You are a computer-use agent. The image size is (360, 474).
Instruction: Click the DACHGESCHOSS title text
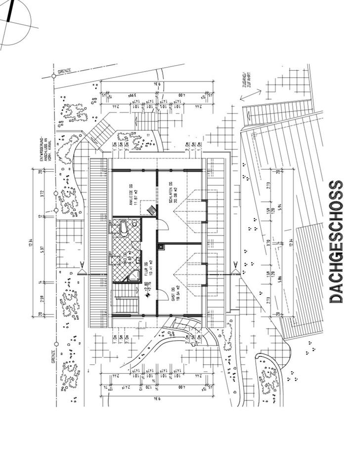336,242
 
